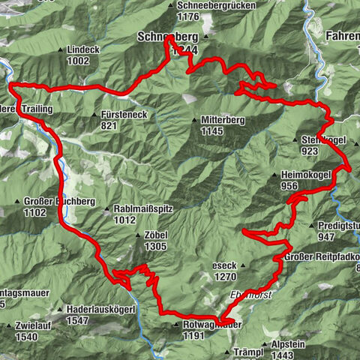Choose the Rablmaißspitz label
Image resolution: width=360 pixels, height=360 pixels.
(x=139, y=209)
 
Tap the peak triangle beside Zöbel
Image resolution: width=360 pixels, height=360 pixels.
(x=139, y=236)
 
